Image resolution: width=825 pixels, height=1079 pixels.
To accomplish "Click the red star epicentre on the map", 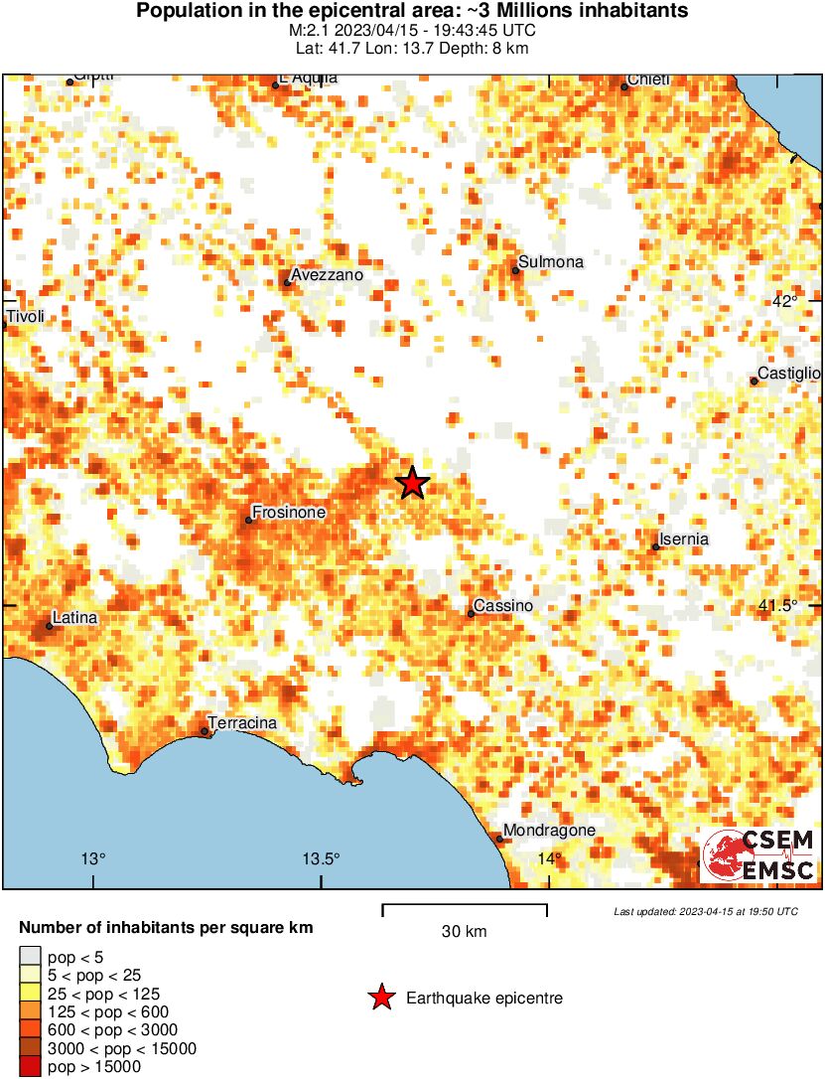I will tap(413, 483).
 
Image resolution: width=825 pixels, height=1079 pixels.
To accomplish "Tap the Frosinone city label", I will tap(289, 513).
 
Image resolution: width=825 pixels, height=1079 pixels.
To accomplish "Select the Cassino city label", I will tap(503, 606).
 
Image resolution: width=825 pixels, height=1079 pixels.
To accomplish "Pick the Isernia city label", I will tap(684, 539).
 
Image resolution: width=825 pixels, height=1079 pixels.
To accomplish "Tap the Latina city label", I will tap(75, 618).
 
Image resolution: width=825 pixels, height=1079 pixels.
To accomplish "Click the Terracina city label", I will tap(242, 723).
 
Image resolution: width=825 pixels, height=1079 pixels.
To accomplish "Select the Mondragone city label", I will tap(549, 831).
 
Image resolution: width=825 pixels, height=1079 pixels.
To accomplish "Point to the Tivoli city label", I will tap(25, 318).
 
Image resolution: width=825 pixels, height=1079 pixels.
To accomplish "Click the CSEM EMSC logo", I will tap(759, 855).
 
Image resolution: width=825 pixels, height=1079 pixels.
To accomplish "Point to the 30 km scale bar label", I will tap(464, 932).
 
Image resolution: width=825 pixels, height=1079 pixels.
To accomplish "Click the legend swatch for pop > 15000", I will tap(32, 1067).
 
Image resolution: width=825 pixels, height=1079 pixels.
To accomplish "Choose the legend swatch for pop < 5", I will tap(32, 958).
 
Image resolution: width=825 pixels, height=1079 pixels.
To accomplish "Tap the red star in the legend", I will tap(380, 999).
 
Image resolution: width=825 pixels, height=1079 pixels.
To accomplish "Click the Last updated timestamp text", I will tap(705, 911).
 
